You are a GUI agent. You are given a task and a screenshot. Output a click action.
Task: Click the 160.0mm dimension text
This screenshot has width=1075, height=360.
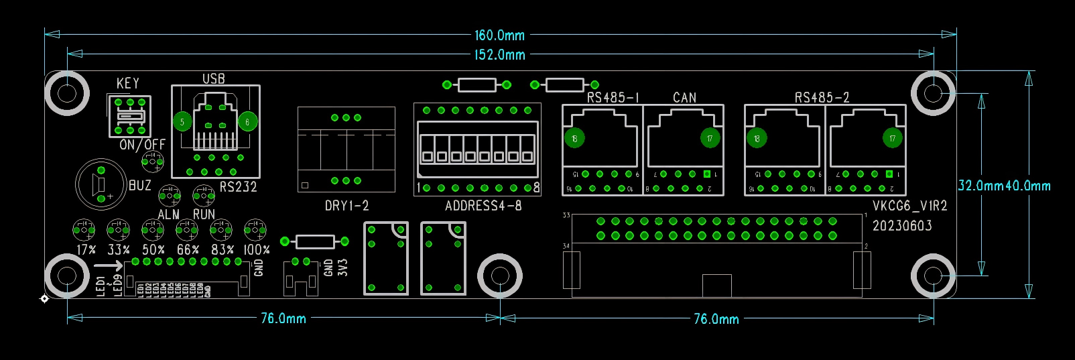(499, 35)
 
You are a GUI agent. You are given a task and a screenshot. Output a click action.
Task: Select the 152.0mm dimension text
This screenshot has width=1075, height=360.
(499, 54)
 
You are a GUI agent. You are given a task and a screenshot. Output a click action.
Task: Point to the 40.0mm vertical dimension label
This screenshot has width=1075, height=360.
(1028, 186)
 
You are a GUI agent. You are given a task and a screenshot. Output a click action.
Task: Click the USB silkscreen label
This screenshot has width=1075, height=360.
(214, 78)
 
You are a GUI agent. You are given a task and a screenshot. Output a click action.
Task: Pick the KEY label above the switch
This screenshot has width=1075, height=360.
(127, 83)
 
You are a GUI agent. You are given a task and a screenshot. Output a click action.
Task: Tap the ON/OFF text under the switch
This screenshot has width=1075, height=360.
(142, 144)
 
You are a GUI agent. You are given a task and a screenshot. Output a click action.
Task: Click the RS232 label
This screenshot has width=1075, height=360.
(238, 186)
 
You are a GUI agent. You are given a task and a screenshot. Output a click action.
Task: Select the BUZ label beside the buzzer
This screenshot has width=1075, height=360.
(139, 186)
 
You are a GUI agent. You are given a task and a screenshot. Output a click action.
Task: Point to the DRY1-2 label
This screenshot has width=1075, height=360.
(346, 206)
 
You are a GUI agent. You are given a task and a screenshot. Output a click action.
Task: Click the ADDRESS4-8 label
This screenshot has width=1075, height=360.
(483, 206)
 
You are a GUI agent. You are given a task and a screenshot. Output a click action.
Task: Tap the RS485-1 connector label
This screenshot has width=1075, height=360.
(613, 97)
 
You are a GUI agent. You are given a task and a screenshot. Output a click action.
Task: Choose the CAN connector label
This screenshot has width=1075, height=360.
(684, 97)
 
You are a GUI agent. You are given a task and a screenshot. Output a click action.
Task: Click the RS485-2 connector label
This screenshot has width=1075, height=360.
(822, 97)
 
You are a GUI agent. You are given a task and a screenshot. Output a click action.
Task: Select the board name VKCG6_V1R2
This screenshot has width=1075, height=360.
(909, 206)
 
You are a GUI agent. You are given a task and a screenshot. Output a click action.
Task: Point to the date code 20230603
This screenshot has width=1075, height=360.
(902, 226)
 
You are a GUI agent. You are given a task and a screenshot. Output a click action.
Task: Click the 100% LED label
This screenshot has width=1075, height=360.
(256, 249)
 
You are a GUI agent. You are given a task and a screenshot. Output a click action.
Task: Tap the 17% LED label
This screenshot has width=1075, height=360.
(86, 249)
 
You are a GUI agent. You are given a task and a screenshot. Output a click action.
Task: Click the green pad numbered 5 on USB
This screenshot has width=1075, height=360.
(182, 121)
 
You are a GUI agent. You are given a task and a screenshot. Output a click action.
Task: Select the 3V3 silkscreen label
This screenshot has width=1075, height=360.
(343, 267)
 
